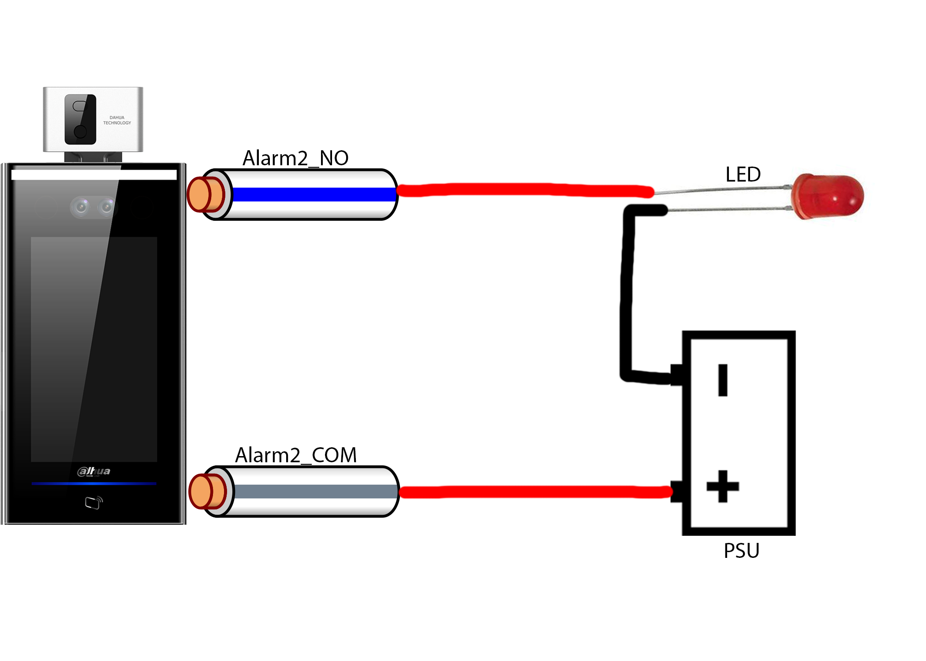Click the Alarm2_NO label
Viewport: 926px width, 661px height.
pyautogui.click(x=295, y=158)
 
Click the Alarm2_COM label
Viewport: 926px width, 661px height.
pyautogui.click(x=295, y=455)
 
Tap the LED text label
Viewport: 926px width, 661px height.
pyautogui.click(x=743, y=175)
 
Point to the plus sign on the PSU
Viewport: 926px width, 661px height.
pyautogui.click(x=722, y=486)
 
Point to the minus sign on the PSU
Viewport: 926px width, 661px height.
pyautogui.click(x=722, y=380)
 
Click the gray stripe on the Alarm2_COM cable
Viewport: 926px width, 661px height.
pyautogui.click(x=316, y=491)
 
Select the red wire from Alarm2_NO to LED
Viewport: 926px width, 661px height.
pyautogui.click(x=525, y=190)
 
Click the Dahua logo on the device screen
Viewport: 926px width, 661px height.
pyautogui.click(x=94, y=471)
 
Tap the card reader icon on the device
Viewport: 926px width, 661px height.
pyautogui.click(x=93, y=502)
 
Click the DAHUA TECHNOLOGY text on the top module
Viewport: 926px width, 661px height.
pyautogui.click(x=117, y=120)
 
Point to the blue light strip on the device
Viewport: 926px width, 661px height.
pyautogui.click(x=94, y=483)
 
